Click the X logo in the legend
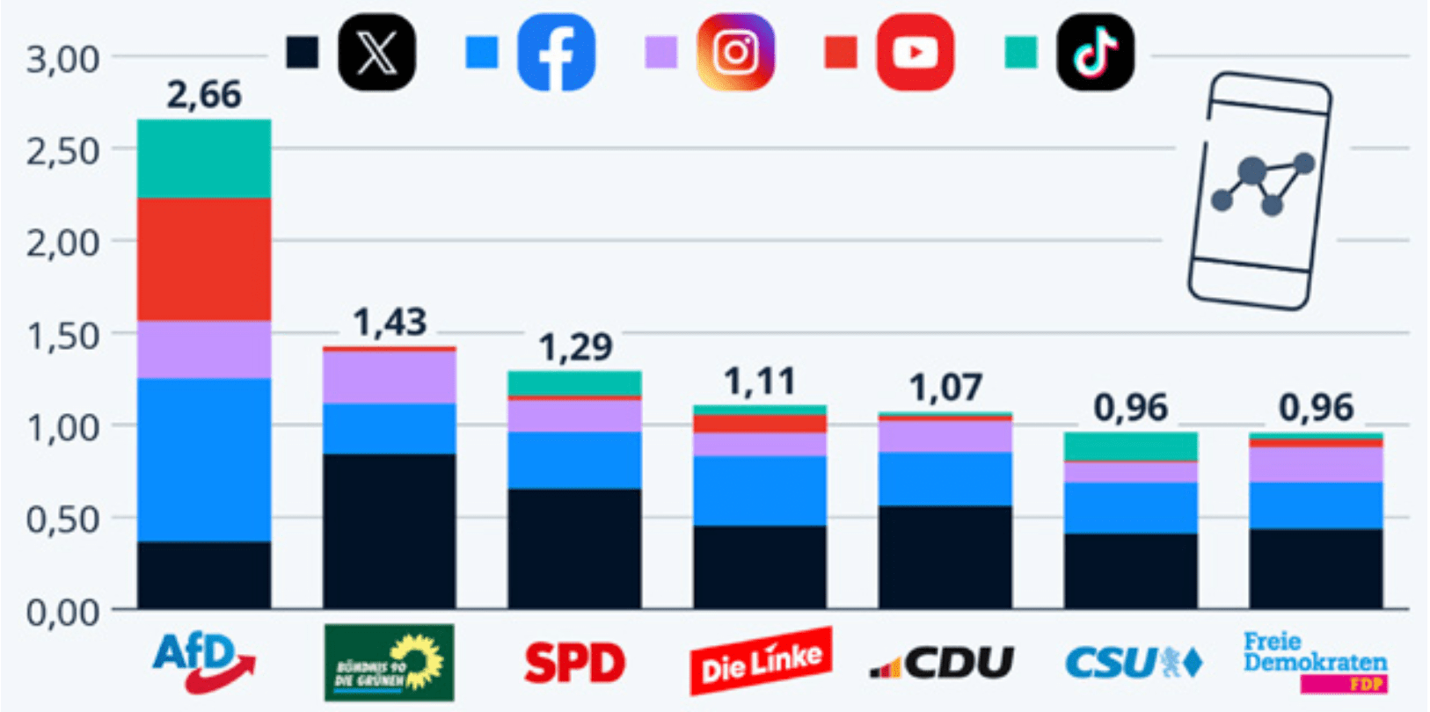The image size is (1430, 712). point(376,53)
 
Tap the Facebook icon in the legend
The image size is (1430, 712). point(556,53)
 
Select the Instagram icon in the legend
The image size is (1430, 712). point(735,53)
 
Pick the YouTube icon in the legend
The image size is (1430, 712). point(915,53)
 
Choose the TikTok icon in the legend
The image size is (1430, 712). point(1095,53)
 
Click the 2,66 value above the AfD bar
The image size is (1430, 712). point(204,95)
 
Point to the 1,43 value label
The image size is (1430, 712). point(390,323)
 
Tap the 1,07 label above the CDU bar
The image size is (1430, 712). point(945,388)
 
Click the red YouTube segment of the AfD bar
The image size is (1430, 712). point(204,259)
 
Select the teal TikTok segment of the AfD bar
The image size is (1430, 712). point(204,159)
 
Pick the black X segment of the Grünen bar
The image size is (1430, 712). point(390,531)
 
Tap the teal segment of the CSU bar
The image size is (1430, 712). point(1131,447)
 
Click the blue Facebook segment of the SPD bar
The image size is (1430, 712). point(574,460)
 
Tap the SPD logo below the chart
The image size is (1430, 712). point(574,663)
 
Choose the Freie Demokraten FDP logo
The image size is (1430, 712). point(1316,662)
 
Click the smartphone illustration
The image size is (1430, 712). point(1259,192)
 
